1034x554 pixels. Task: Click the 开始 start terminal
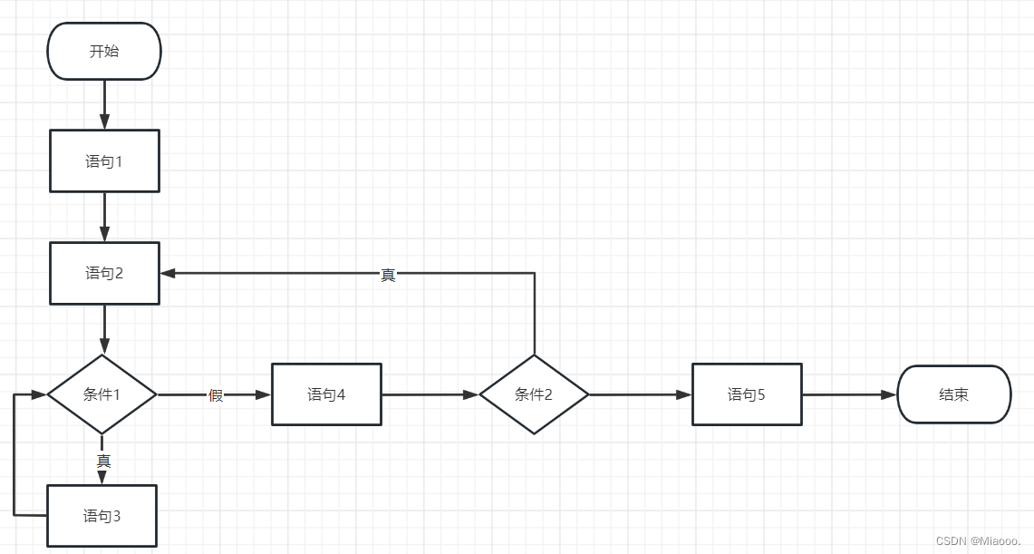[104, 52]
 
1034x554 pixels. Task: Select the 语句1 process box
[104, 161]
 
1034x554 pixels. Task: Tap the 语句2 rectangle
[104, 273]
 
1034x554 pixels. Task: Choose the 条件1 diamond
[101, 394]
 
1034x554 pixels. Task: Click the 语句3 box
[101, 516]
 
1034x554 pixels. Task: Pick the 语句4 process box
[326, 394]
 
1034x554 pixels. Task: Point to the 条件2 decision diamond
[534, 394]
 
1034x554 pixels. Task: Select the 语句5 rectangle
[747, 394]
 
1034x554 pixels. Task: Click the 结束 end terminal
[953, 394]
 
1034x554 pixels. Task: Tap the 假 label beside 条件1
[216, 395]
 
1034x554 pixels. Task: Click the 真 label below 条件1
[103, 461]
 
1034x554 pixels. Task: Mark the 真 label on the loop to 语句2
[388, 275]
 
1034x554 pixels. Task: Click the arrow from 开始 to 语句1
[104, 104]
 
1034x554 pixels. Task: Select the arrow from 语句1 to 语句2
[104, 217]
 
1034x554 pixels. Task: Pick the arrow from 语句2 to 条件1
[104, 329]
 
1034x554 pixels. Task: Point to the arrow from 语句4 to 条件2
[430, 395]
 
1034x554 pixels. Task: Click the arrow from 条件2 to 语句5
[640, 395]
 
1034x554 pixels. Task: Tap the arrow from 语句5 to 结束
[849, 395]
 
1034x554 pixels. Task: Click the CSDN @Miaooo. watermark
[978, 540]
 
